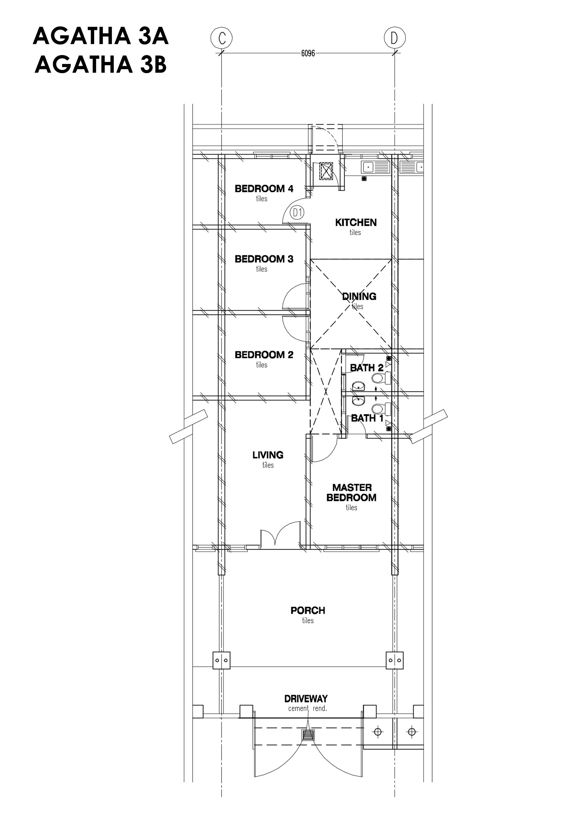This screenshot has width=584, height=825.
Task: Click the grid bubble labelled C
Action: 222,38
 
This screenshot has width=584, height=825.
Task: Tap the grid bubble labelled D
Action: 395,38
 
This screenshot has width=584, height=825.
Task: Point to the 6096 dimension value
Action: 308,53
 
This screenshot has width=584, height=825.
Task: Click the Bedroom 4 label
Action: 264,188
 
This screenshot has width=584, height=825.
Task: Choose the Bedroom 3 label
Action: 264,259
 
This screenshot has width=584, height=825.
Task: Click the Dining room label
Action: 359,296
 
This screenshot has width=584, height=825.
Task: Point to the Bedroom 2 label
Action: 264,355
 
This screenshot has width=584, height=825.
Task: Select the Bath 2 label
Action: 367,368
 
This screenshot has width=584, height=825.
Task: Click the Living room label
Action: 268,455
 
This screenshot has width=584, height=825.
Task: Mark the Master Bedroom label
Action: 351,493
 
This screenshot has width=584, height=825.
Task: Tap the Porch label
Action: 308,610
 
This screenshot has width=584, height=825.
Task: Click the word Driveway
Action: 306,699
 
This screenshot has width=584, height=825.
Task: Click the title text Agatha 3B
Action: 101,65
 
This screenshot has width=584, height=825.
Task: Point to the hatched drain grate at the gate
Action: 308,735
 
